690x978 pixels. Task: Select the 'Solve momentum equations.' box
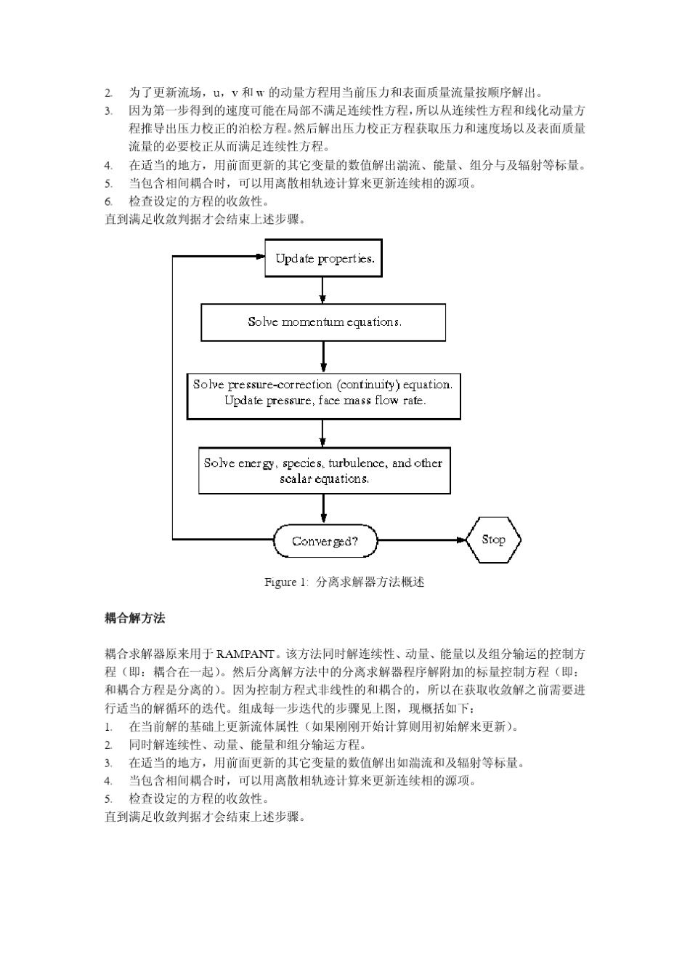[x=323, y=322]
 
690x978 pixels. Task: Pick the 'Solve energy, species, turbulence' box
[x=324, y=470]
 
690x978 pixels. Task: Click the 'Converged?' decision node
[x=325, y=541]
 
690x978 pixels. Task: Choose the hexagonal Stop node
[x=494, y=540]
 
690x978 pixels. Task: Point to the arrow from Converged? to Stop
[x=421, y=540]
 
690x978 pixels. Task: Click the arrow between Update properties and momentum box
[x=322, y=290]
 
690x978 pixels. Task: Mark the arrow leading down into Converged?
[x=323, y=509]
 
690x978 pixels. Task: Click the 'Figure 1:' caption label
[x=281, y=582]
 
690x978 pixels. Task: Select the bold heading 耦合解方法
[x=135, y=618]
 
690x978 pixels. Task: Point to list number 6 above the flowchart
[x=108, y=201]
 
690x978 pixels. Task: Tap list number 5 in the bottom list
[x=108, y=799]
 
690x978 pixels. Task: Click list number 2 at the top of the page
[x=108, y=93]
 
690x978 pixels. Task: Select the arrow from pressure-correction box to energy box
[x=323, y=433]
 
